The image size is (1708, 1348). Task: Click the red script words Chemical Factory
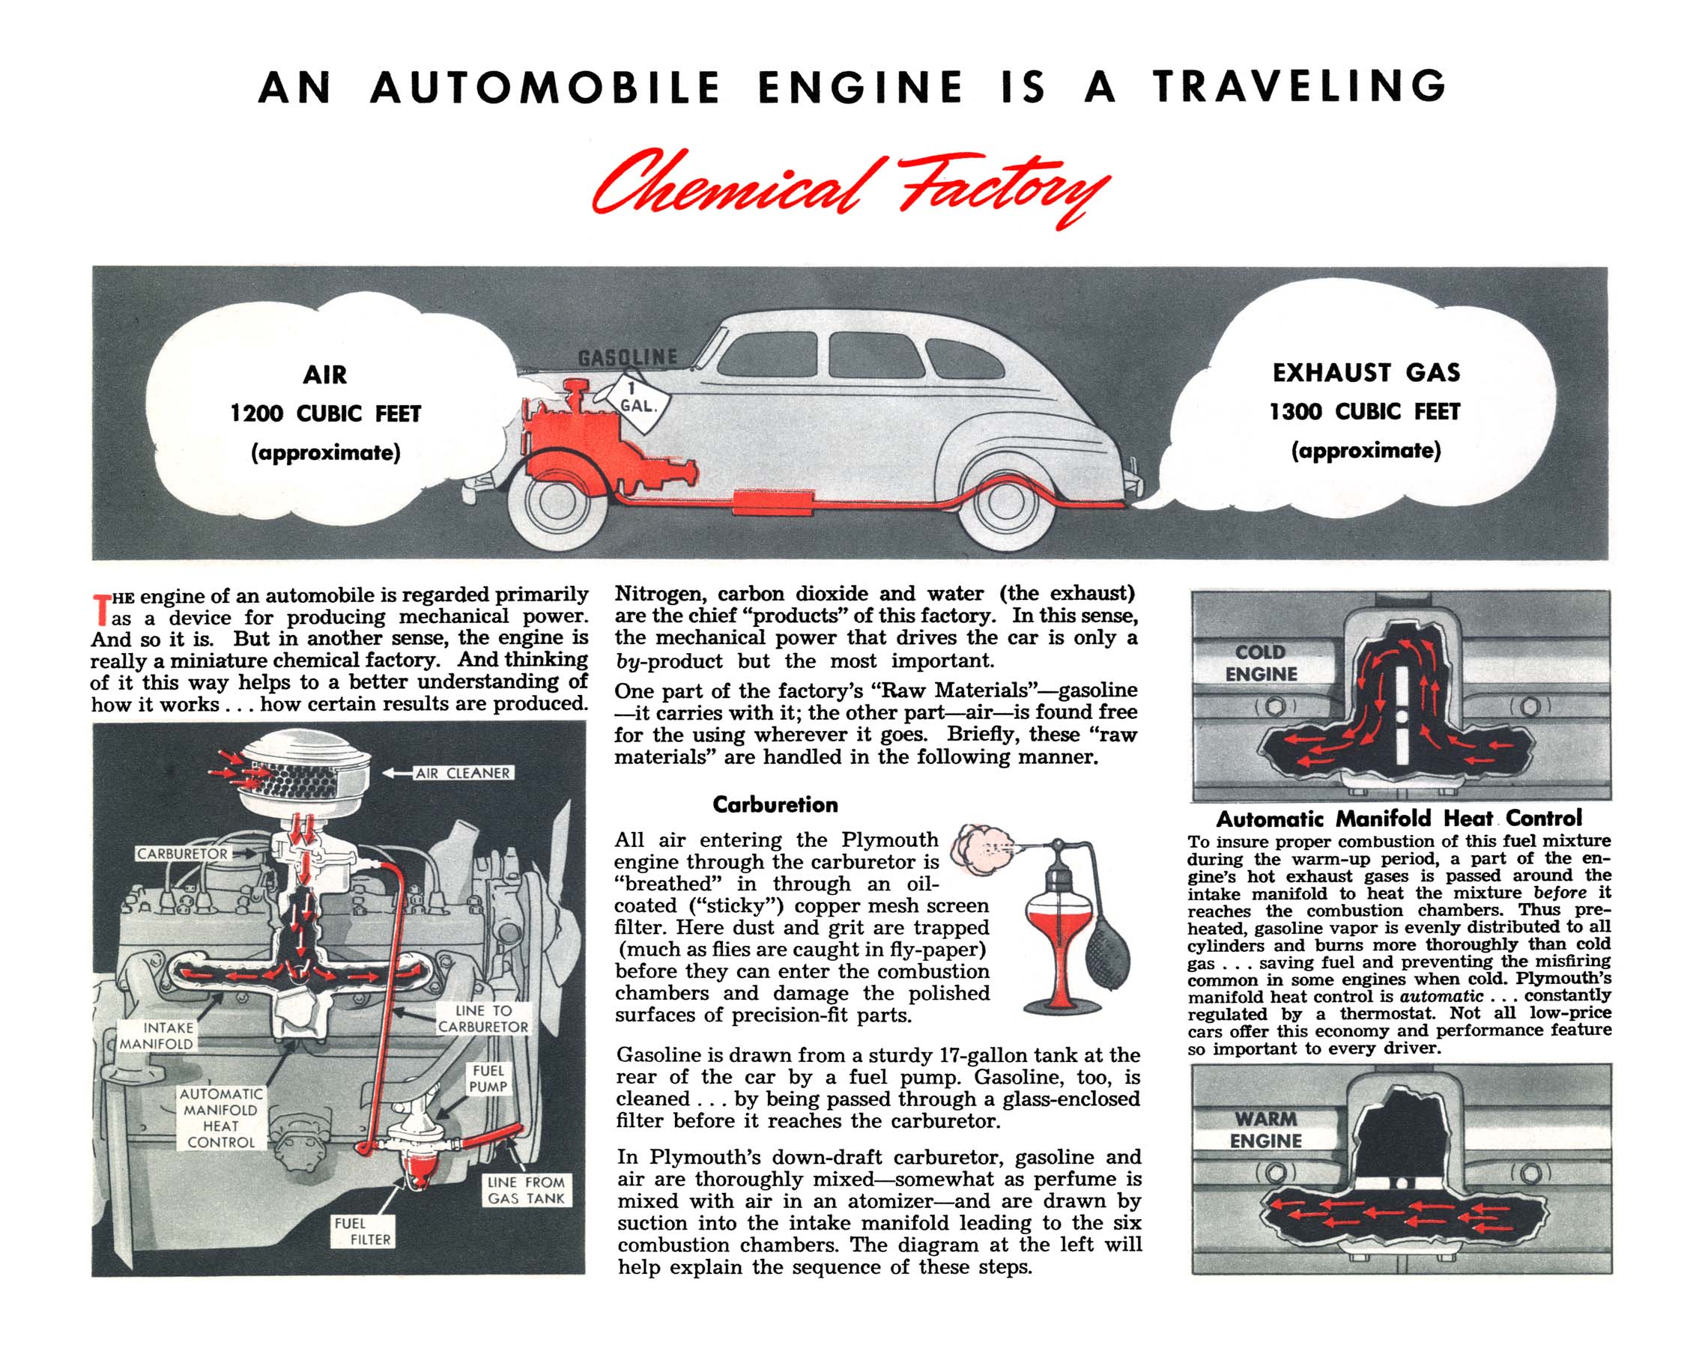click(850, 188)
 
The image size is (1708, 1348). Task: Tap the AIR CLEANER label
click(463, 774)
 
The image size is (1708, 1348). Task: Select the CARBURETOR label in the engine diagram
click(183, 854)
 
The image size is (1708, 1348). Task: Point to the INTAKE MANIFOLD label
click(157, 1036)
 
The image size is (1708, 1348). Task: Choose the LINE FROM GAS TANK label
click(527, 1190)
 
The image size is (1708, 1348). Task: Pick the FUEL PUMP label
click(488, 1078)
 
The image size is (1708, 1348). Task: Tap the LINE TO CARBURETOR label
click(483, 1018)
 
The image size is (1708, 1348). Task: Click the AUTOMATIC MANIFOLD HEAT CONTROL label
click(221, 1117)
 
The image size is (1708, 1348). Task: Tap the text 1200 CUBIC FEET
click(325, 413)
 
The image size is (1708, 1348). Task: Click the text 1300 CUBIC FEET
click(1365, 411)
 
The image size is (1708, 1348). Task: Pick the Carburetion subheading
click(775, 804)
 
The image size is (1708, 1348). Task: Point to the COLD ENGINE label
click(1261, 663)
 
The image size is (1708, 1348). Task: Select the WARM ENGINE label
click(1265, 1129)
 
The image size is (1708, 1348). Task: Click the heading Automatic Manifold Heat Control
click(1399, 819)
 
